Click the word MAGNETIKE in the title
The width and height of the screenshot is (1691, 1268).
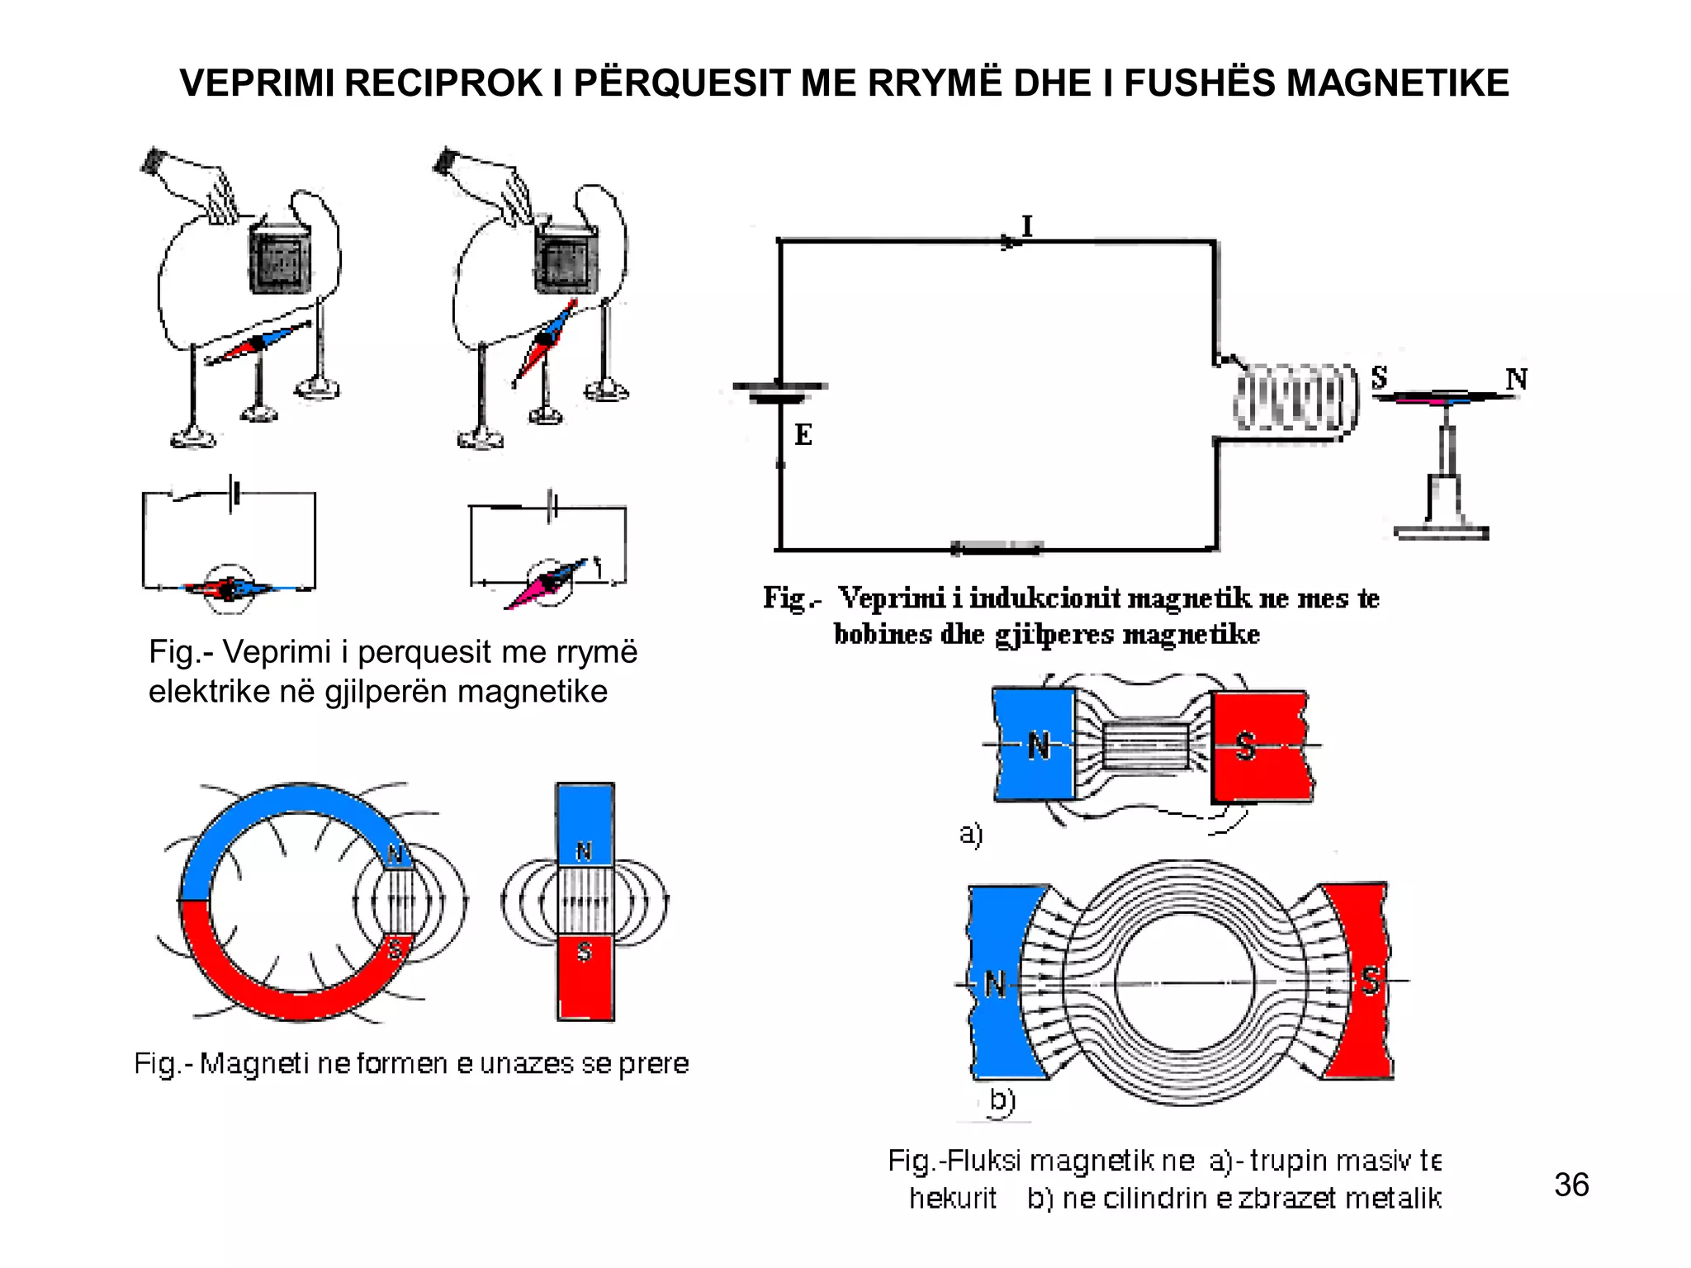[x=1397, y=83]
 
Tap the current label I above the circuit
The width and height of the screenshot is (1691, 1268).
[x=1027, y=225]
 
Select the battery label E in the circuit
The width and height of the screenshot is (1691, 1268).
[x=803, y=434]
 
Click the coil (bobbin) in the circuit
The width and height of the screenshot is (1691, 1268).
[x=1295, y=398]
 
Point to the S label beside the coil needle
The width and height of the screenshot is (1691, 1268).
[x=1379, y=377]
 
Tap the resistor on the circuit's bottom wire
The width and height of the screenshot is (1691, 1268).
[x=997, y=548]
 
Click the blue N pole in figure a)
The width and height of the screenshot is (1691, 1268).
[x=1034, y=745]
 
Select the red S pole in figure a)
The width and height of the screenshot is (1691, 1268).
[x=1259, y=746]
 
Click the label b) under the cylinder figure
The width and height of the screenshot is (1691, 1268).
[x=1002, y=1100]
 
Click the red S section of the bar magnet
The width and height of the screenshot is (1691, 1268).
[x=585, y=978]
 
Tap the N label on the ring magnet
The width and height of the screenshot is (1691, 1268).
[x=396, y=854]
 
